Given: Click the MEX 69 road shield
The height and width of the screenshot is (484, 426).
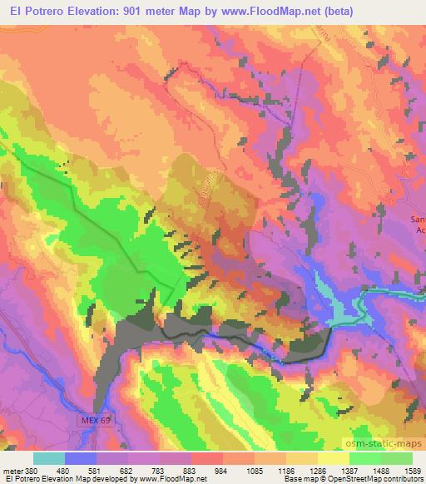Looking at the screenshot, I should (x=96, y=420).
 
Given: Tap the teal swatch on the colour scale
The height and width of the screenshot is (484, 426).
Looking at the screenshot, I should (x=50, y=458).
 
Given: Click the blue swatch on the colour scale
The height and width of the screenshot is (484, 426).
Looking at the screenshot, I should (x=82, y=458).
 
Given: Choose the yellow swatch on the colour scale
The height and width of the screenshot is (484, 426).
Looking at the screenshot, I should (x=334, y=458).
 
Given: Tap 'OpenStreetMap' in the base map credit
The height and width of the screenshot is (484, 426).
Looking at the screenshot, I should (x=358, y=479).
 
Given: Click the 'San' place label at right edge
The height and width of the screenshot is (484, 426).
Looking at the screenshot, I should (x=419, y=220).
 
